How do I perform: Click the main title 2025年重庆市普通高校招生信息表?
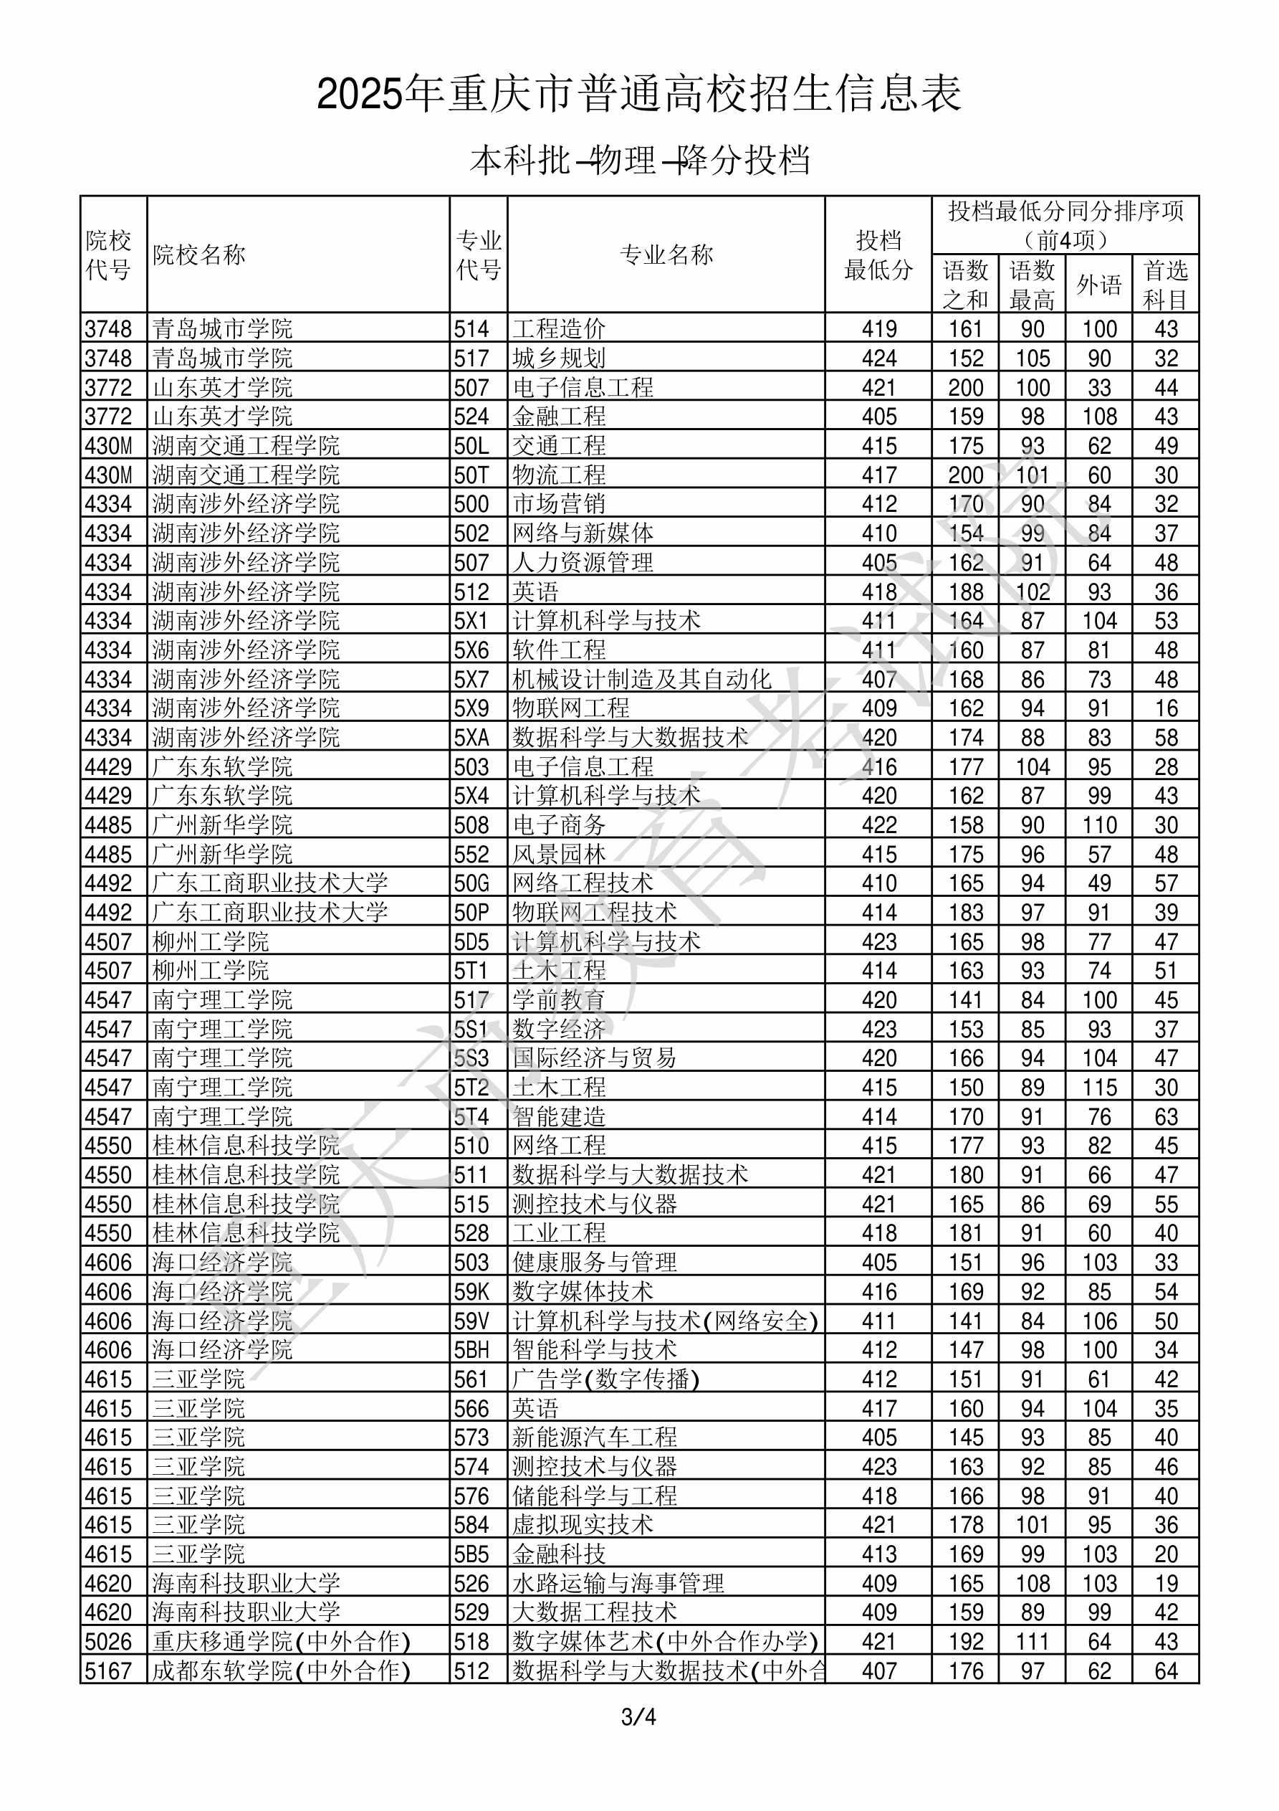tap(638, 94)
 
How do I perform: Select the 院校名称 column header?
tap(199, 255)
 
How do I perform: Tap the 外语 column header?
tap(1098, 284)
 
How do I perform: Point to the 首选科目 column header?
tap(1166, 284)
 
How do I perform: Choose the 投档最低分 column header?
tap(878, 255)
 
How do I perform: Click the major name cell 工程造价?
tap(559, 328)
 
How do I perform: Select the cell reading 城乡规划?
tap(559, 358)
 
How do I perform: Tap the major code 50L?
tap(471, 446)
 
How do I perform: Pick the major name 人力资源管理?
tap(583, 562)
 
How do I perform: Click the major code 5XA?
tap(471, 738)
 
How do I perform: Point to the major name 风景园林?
tap(559, 854)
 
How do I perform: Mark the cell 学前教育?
tap(559, 1000)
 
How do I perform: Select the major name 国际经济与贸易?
tap(595, 1057)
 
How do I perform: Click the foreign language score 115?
tap(1099, 1088)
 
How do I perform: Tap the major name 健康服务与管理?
tap(595, 1262)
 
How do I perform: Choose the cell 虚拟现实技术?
tap(583, 1525)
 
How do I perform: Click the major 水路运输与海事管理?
tap(618, 1583)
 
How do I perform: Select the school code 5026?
tap(108, 1641)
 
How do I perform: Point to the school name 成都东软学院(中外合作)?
tap(282, 1670)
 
